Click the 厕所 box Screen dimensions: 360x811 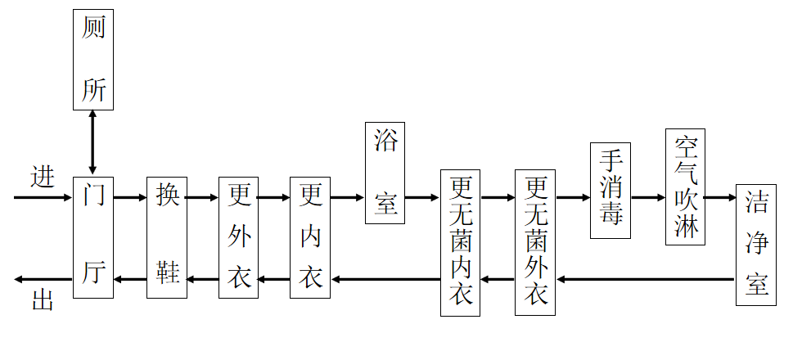92,60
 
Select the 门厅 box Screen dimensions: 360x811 92,237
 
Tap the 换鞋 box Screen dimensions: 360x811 167,237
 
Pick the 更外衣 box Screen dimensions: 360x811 238,237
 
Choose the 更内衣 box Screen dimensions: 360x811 310,237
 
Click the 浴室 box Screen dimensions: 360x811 385,173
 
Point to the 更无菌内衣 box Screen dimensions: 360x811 460,242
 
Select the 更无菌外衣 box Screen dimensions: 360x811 535,242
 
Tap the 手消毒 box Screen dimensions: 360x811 610,191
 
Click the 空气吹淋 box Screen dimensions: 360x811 685,187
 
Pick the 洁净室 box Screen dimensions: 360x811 755,245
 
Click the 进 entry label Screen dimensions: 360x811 43,177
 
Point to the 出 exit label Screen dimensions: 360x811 43,299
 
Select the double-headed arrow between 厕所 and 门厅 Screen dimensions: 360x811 92,143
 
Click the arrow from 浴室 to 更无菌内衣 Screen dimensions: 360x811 422,197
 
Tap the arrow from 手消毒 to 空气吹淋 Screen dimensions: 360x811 648,197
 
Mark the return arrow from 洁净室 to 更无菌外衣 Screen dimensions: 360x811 647,280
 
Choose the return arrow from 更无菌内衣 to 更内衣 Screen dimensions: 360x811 385,280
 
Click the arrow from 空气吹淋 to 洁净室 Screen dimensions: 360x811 720,197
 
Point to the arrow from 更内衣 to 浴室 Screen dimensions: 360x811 347,197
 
